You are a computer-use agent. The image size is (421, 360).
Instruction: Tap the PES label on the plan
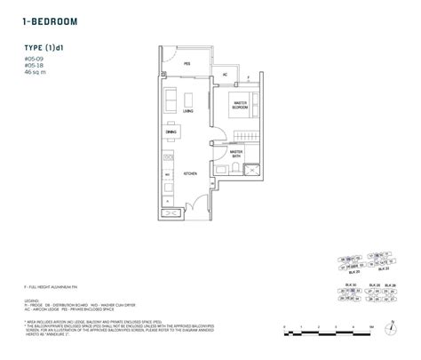pos(187,64)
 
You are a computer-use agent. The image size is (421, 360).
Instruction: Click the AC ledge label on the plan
pos(225,74)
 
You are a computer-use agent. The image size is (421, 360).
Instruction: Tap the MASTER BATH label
pos(236,153)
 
